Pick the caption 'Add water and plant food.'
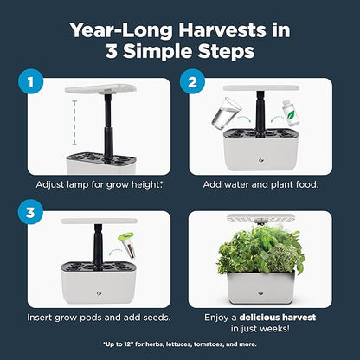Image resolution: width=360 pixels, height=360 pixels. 261,185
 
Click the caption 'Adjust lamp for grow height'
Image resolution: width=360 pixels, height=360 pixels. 96,185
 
